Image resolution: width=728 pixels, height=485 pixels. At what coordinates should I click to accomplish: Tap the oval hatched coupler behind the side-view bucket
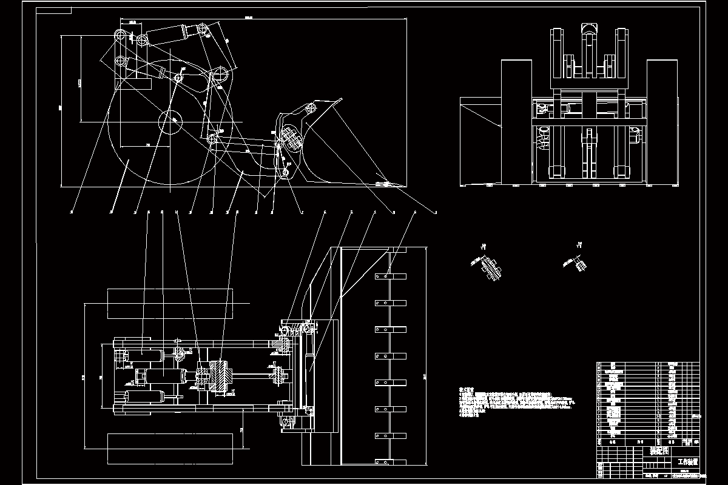(x=291, y=136)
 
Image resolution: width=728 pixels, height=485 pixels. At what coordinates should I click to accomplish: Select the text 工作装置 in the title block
(x=687, y=461)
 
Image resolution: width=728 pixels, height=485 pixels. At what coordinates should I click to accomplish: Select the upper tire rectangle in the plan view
(x=169, y=303)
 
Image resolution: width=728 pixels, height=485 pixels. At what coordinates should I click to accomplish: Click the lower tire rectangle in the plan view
(x=169, y=448)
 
